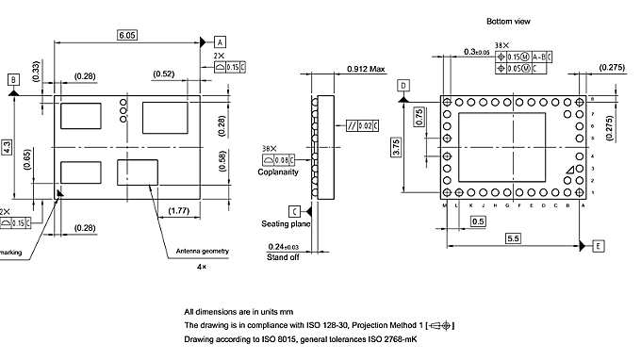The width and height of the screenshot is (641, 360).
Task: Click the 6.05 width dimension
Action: pos(127,35)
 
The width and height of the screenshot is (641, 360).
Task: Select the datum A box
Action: pos(220,42)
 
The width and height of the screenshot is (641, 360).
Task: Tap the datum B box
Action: pos(13,80)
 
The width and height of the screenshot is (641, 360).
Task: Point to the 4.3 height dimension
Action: pos(8,147)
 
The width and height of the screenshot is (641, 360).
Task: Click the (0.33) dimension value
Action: pos(35,71)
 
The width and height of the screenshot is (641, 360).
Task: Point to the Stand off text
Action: pos(283,256)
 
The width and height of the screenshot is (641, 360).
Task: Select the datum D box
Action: pos(403,86)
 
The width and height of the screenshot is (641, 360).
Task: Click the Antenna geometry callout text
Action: pos(203,252)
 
